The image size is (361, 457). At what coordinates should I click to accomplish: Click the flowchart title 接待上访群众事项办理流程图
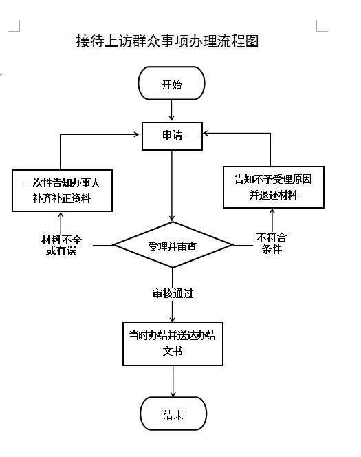point(167,41)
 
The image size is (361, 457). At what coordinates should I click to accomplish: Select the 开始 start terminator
point(171,83)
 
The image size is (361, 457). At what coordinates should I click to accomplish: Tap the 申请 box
point(172,136)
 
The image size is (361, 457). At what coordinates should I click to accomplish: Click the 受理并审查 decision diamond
point(173,245)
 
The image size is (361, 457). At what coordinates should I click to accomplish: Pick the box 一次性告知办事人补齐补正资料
point(62,191)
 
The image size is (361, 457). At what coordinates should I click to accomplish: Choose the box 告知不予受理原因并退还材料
point(274,187)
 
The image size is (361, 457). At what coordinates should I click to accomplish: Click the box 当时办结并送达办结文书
point(173,344)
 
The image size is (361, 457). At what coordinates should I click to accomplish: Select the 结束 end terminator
point(173,414)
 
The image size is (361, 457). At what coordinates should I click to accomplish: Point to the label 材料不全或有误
point(61,245)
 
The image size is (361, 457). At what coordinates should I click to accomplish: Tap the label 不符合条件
point(272,243)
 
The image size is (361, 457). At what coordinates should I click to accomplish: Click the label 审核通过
point(173,293)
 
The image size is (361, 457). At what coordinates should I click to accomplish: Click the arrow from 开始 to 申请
point(171,110)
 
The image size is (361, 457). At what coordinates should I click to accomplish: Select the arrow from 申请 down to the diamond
point(172,186)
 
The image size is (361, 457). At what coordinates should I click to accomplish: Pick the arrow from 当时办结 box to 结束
point(173,381)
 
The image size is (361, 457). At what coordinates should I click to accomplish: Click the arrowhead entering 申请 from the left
point(136,134)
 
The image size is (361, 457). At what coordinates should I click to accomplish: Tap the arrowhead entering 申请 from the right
point(206,134)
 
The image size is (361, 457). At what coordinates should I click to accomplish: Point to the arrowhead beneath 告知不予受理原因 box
point(272,212)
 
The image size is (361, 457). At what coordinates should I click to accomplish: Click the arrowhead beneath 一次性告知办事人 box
point(61,215)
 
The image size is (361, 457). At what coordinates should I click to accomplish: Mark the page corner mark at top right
point(322,26)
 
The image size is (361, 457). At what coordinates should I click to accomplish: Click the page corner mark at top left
point(14,25)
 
